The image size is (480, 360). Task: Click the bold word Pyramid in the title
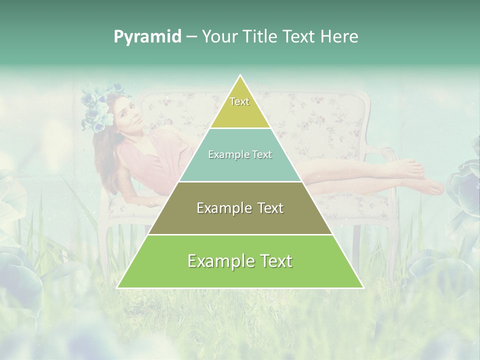pyautogui.click(x=147, y=36)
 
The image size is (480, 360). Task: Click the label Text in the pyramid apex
pyautogui.click(x=239, y=101)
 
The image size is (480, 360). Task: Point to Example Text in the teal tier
pyautogui.click(x=240, y=154)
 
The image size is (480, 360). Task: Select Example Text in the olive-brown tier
pyautogui.click(x=240, y=208)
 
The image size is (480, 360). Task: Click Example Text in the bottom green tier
pyautogui.click(x=240, y=261)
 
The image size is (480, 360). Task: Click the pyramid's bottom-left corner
pyautogui.click(x=118, y=287)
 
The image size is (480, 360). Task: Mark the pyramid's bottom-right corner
pyautogui.click(x=362, y=287)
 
